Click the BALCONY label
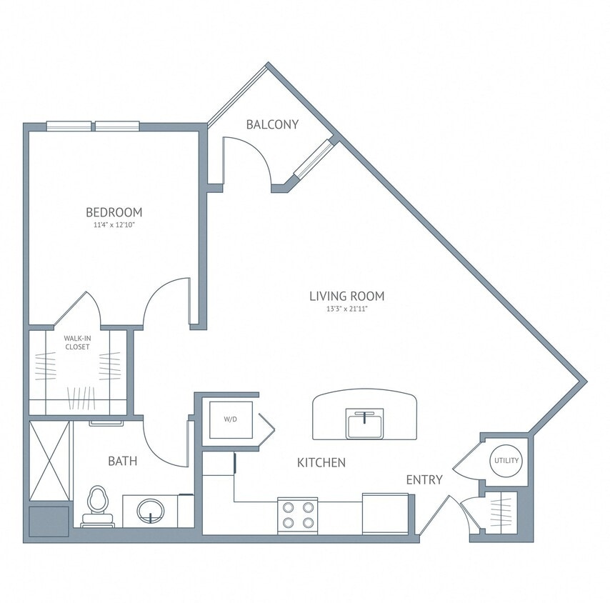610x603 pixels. coord(271,124)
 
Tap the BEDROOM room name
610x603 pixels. coord(114,212)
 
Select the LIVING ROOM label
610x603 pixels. coord(346,296)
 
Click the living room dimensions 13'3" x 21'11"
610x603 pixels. coord(346,309)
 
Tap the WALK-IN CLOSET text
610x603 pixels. coord(77,342)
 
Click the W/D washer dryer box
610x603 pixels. coord(230,419)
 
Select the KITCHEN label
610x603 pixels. coord(321,463)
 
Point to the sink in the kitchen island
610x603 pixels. coord(365,423)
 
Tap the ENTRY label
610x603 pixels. coord(424,479)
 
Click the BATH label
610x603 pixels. coord(122,462)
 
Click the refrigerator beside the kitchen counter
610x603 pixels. coord(384,514)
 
